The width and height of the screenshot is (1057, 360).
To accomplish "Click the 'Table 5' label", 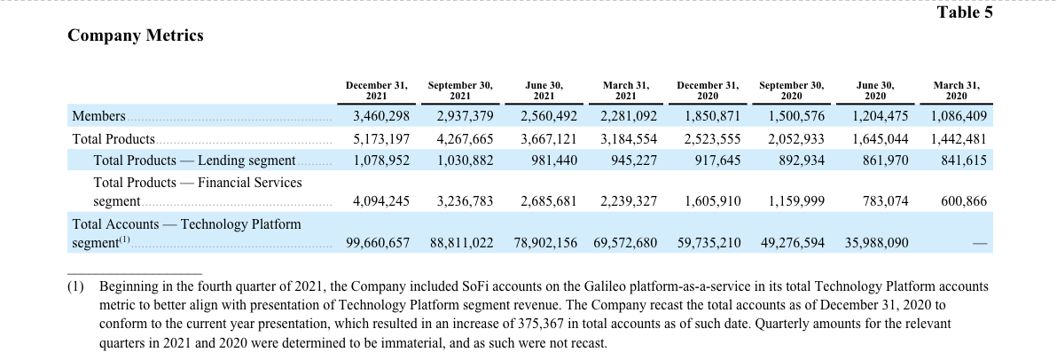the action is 965,12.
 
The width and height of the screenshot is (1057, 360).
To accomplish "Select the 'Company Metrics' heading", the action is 136,35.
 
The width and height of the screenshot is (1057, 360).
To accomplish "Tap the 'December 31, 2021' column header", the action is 377,90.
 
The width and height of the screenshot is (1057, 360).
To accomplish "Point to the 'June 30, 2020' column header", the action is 876,90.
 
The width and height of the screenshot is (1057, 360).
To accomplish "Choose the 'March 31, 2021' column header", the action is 626,90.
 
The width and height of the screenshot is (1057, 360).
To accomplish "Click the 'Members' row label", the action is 98,116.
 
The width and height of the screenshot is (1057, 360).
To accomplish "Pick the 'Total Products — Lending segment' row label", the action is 194,160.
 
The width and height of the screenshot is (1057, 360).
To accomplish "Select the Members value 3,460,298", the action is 381,116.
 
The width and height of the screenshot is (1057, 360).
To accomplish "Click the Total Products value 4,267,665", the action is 466,139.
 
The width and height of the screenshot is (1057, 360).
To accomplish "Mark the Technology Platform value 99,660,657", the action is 378,243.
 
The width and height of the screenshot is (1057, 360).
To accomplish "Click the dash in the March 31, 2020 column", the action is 980,243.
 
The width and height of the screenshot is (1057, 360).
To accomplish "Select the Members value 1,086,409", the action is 959,116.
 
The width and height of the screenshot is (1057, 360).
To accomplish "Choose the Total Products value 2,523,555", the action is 713,139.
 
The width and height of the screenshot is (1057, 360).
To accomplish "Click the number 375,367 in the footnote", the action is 539,324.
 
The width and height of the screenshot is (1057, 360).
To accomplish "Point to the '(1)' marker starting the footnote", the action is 75,286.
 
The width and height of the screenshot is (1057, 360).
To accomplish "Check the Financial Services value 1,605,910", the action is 713,201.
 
